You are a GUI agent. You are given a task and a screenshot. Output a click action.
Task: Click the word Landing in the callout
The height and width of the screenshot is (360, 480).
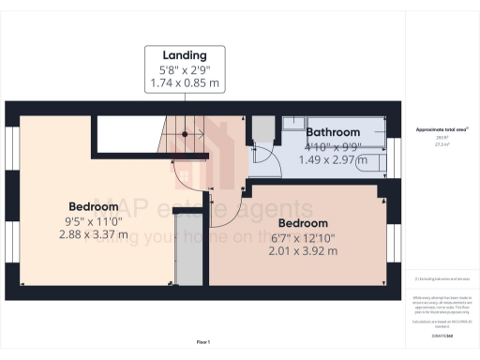(x=184, y=54)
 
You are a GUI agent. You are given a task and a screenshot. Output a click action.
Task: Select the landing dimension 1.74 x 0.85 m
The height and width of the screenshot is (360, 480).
(x=184, y=83)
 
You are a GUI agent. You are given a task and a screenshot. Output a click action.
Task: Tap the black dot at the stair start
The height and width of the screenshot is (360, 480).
(x=185, y=134)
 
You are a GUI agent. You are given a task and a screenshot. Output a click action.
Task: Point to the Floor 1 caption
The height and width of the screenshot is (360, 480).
(x=202, y=343)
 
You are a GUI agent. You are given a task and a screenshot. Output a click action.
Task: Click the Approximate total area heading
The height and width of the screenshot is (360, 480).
(x=441, y=128)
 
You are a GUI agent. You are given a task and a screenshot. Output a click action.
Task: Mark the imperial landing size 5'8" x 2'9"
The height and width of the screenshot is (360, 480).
(x=184, y=69)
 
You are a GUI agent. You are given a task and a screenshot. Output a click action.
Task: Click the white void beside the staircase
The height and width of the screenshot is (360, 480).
(x=129, y=128)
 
